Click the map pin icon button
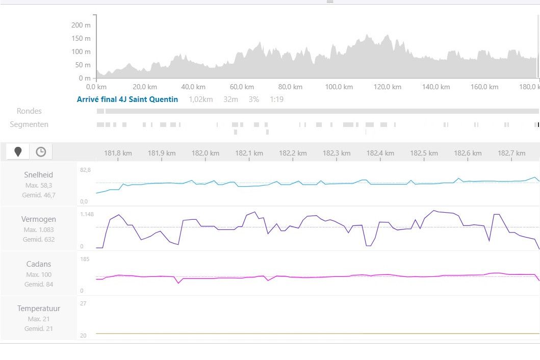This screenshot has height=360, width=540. (18, 151)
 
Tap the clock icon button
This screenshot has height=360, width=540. (41, 151)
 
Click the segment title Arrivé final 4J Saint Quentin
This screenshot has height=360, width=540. (127, 99)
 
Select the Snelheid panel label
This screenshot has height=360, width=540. (39, 175)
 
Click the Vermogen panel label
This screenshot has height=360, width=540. (39, 219)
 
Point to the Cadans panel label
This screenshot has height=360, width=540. (39, 264)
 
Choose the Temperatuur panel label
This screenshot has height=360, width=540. (39, 308)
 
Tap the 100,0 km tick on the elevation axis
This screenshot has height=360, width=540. (340, 87)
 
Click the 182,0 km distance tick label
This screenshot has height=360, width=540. (205, 153)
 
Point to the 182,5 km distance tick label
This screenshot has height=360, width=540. (424, 153)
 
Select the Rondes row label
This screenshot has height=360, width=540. (29, 111)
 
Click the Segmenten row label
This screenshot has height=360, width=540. (29, 124)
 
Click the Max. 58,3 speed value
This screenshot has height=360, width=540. (39, 186)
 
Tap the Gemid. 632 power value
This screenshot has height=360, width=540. (39, 240)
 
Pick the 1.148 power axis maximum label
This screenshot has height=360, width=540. (87, 214)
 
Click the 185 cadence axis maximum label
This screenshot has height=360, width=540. (85, 259)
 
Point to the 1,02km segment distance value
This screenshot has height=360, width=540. (201, 99)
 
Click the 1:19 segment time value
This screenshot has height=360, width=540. (277, 99)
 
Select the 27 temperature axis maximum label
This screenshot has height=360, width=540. (83, 303)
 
